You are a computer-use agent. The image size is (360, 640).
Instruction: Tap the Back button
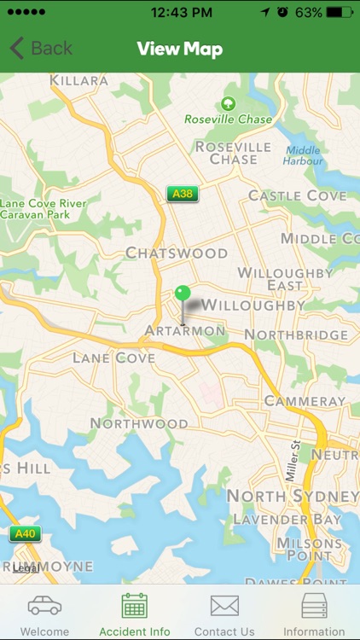[41, 49]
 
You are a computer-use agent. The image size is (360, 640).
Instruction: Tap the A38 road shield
[182, 194]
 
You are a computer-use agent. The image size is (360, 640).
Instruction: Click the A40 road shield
[25, 534]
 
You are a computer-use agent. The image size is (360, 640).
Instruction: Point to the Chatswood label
[177, 253]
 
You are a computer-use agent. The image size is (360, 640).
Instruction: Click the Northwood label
[139, 423]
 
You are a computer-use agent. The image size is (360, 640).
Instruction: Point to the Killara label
[79, 81]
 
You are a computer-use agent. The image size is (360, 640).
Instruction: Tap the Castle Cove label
[297, 195]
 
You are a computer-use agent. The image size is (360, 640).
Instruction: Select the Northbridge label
[297, 335]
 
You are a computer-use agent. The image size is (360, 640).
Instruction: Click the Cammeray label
[305, 400]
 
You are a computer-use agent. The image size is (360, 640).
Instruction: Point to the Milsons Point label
[310, 550]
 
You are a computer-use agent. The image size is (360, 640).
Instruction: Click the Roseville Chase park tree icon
[228, 104]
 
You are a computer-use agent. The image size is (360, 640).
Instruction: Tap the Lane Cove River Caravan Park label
[43, 209]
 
